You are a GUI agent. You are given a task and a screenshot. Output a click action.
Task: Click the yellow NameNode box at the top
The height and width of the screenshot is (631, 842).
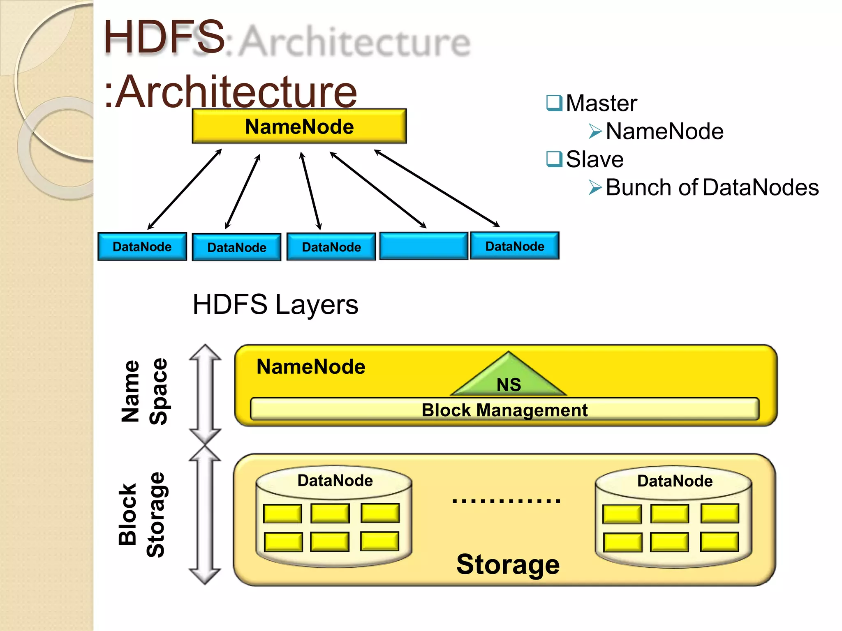click(299, 126)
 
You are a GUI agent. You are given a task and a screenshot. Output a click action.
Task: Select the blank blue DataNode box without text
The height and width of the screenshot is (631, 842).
click(423, 246)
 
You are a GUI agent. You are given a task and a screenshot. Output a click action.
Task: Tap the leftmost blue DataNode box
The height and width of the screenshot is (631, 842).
click(142, 246)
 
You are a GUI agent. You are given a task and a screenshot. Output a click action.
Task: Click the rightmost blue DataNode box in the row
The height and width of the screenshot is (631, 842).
click(515, 246)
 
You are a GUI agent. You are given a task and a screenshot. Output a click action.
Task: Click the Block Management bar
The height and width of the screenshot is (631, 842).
click(504, 410)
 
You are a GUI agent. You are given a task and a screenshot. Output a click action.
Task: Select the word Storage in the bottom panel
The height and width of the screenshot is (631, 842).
click(508, 564)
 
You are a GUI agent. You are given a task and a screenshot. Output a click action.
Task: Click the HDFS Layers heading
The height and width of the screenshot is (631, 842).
click(275, 304)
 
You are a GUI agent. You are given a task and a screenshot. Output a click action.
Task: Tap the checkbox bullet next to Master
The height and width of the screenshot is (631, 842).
click(554, 103)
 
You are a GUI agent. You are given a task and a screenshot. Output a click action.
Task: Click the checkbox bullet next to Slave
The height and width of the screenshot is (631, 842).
click(554, 159)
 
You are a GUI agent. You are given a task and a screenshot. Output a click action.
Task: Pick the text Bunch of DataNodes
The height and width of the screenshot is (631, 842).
click(712, 187)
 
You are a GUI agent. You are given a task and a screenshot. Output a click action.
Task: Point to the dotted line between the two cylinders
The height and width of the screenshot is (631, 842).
click(506, 501)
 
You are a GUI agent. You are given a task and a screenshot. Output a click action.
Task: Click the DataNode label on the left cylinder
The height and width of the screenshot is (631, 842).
click(335, 480)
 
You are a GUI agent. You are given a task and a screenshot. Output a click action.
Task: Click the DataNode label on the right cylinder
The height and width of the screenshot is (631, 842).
click(675, 481)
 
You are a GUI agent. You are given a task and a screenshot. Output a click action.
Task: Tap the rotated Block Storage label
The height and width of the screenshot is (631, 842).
click(141, 514)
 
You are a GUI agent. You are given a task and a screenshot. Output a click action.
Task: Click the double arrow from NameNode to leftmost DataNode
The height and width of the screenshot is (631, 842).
click(185, 189)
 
